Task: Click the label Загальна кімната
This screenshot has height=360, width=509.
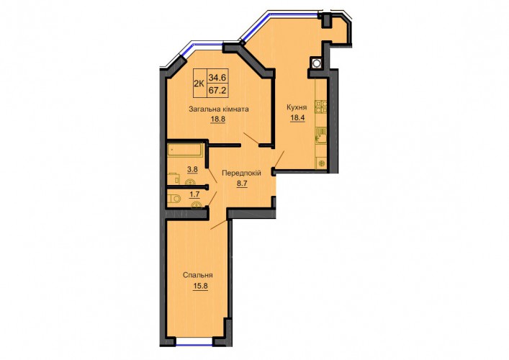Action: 219,109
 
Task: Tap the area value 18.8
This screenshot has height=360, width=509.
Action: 218,119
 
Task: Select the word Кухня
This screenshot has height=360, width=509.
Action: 297,107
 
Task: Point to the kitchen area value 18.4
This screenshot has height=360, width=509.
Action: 297,117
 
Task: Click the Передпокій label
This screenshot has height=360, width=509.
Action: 241,173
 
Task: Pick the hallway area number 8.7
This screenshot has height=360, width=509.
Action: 242,184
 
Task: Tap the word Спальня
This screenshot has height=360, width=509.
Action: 198,275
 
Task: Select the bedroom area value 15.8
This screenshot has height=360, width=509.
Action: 200,287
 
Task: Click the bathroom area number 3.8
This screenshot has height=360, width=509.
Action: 192,168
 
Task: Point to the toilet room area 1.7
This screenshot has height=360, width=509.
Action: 194,194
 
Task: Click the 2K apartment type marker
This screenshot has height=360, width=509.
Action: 199,84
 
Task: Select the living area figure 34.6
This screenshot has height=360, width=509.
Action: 217,77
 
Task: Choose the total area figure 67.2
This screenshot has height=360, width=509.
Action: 217,90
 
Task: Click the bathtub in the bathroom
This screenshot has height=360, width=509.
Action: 185,150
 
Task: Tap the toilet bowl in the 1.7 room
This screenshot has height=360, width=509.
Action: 174,198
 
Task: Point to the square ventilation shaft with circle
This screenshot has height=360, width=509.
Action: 316,63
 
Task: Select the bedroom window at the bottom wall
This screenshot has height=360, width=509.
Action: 194,340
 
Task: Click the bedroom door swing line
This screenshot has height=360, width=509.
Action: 218,225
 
